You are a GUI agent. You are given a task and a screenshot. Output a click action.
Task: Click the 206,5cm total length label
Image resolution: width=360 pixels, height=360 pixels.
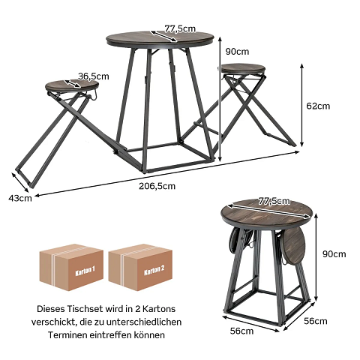pos(157,186)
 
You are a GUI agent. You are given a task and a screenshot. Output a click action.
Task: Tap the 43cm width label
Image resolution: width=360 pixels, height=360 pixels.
pos(20,198)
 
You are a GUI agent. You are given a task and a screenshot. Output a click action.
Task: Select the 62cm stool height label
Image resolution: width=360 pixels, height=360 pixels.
pos(318,106)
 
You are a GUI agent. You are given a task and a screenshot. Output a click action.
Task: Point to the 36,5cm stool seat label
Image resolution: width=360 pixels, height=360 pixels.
pos(94,76)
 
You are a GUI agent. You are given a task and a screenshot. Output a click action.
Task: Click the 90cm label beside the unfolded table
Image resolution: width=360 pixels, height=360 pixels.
pos(237,52)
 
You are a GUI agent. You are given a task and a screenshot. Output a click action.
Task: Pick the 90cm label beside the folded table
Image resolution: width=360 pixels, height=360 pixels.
pos(334,254)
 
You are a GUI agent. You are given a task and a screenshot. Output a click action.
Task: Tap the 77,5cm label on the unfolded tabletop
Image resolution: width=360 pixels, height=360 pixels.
pos(180,28)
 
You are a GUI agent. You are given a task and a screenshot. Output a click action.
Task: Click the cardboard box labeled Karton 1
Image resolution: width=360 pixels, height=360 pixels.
pos(71,267)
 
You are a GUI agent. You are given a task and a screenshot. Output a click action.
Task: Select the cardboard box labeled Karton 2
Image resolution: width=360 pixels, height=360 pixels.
pos(140,267)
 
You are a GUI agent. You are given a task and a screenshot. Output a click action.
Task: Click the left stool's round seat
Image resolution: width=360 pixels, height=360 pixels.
pos(72,86)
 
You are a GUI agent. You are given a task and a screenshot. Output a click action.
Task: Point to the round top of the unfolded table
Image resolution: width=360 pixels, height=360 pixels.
pos(160,40)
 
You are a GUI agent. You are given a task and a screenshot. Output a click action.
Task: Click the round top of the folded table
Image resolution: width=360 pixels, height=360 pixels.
pos(267,213)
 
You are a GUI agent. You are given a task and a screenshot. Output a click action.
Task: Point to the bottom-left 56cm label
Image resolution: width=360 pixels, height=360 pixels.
pos(241,331)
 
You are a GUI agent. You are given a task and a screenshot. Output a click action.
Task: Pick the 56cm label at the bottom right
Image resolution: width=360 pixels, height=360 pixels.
pos(316,321)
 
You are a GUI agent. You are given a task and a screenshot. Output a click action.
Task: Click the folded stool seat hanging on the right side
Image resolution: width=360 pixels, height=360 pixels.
pos(295,244)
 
